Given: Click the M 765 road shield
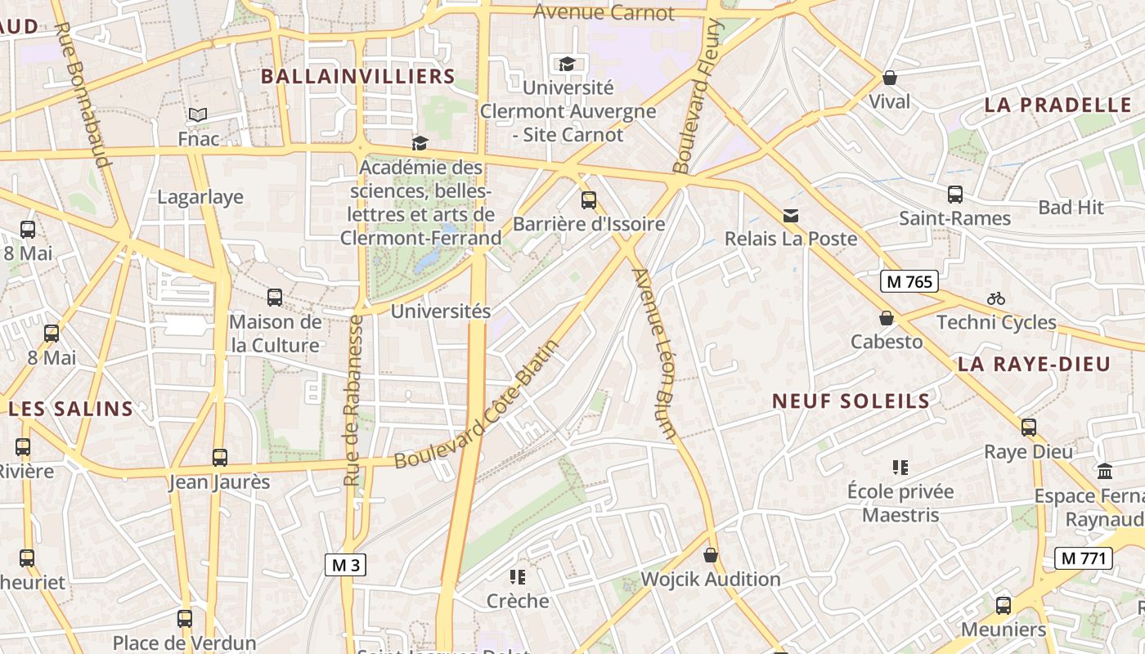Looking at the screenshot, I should coord(909,282).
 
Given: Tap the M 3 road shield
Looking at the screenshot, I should coord(345,565).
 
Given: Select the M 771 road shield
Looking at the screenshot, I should coord(1084,559).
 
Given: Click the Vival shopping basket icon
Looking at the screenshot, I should coord(889,78).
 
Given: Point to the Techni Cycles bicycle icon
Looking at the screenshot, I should coord(995,298).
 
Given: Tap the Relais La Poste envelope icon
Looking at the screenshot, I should coord(790,215).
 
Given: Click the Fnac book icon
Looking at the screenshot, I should coord(198,114).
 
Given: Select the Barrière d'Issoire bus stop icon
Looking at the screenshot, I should coord(588,199).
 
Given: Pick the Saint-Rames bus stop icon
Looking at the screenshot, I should coord(954,195).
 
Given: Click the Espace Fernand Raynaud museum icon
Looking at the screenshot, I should coord(1105,472).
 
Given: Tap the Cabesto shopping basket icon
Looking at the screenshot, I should coord(886,318).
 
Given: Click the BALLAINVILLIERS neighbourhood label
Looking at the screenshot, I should coord(357,77).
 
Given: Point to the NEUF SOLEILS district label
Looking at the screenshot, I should coord(851,401).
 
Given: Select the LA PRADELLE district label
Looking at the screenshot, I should coord(1057,105).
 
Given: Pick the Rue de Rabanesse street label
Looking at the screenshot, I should coord(353,400).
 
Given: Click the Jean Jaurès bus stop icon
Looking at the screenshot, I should coord(219,458).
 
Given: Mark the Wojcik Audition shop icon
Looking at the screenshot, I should coord(711,556).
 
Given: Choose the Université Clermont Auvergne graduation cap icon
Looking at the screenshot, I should coord(566,64).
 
